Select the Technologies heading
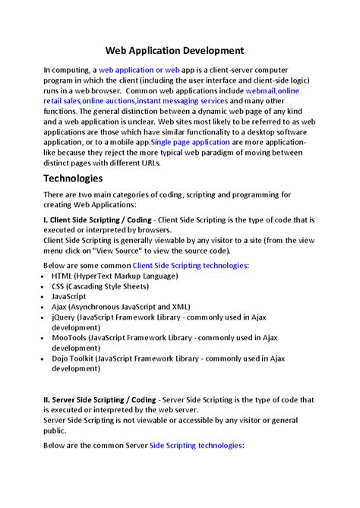click(x=73, y=178)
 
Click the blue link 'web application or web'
click(x=139, y=70)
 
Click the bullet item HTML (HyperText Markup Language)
click(x=113, y=276)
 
